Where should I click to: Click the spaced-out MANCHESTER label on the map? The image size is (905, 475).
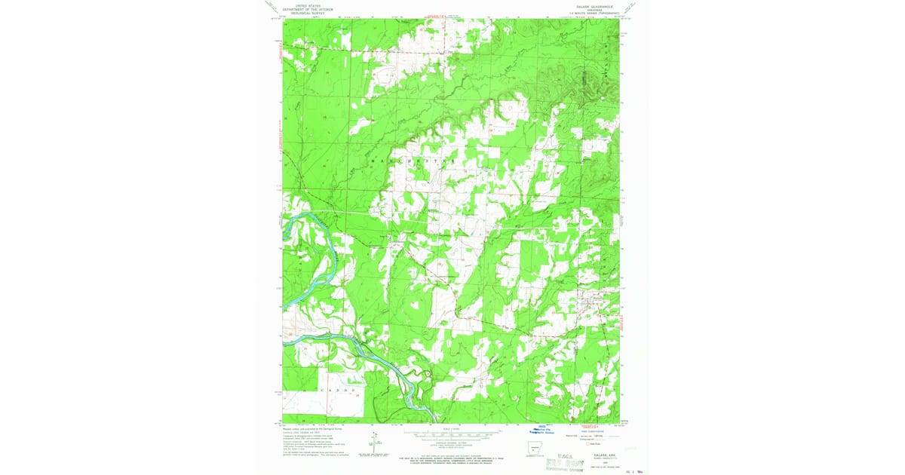point(408,161)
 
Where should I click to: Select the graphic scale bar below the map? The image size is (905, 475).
point(452,435)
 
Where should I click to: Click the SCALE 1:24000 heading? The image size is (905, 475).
point(452,428)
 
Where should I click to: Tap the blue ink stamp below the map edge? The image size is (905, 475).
point(546,431)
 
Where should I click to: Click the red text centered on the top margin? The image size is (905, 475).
point(443,14)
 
